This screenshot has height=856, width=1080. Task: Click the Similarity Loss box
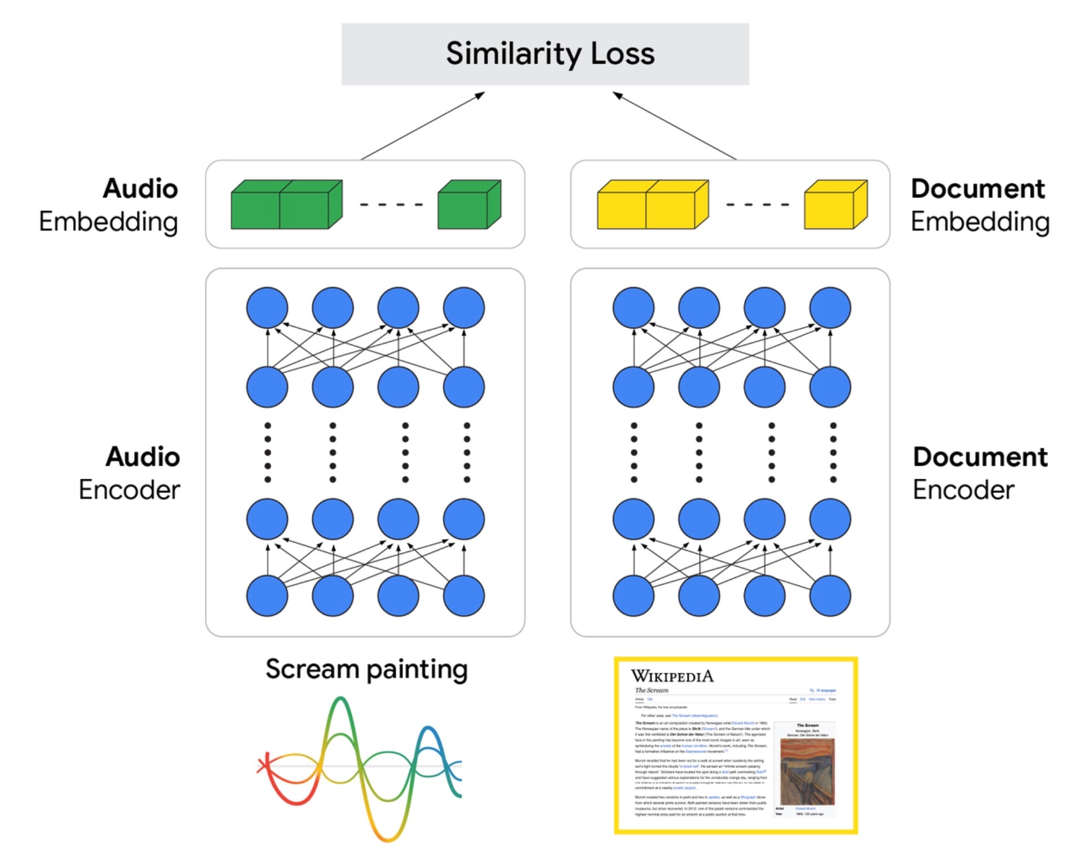[x=545, y=54]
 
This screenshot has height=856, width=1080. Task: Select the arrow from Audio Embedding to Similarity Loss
[x=423, y=125]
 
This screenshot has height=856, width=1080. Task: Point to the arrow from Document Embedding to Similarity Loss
[x=674, y=125]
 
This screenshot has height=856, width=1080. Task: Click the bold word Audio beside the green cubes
[x=140, y=188]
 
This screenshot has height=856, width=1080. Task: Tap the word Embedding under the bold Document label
[x=980, y=222]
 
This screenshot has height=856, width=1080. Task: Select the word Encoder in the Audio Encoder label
[x=129, y=489]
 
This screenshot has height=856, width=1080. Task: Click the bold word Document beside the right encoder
[x=980, y=457]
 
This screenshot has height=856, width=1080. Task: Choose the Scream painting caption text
[x=366, y=669]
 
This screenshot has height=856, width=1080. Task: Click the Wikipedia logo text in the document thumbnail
[x=672, y=676]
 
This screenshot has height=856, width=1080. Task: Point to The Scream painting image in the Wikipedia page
[x=807, y=771]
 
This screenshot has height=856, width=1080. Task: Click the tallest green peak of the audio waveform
[x=340, y=701]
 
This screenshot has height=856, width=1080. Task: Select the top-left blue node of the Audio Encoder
[x=267, y=308]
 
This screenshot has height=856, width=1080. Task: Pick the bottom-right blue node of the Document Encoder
[x=830, y=595]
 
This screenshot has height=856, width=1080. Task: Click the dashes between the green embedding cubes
[x=391, y=204]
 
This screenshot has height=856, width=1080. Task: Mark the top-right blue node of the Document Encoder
[x=830, y=308]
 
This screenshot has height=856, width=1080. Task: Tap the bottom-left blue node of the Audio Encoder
[x=267, y=595]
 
